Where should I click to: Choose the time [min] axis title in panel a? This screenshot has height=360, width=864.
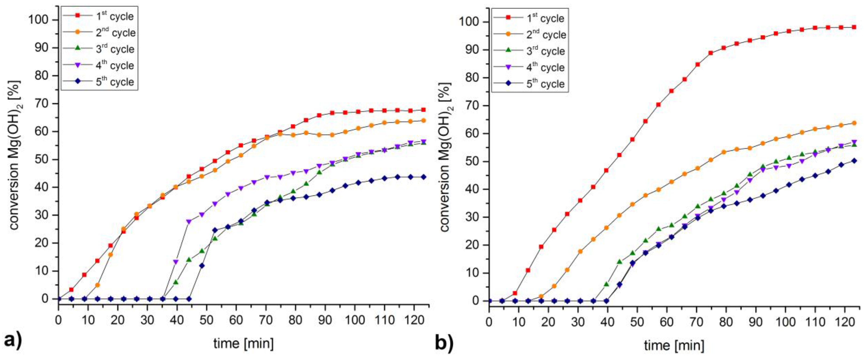[x=244, y=343]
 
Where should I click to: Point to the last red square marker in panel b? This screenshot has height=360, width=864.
[x=854, y=27]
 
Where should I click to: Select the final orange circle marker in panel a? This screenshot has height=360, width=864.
[x=423, y=121]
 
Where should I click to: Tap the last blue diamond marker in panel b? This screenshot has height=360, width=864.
[x=854, y=161]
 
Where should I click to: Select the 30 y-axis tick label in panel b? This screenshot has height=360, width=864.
[x=472, y=217]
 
